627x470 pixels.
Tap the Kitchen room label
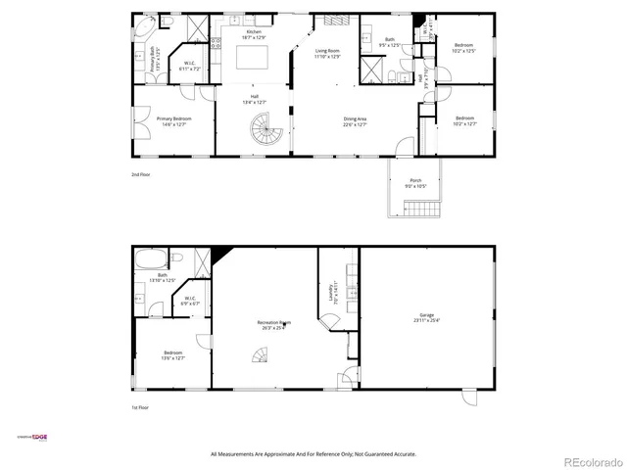(254, 34)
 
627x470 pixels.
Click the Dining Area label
(355, 121)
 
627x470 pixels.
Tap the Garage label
(426, 318)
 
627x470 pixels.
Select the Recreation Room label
(275, 325)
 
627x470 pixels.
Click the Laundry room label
(336, 293)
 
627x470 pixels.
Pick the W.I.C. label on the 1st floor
(189, 301)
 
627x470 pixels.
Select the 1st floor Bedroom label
(173, 355)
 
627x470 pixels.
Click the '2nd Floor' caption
(142, 174)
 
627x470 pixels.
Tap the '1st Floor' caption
(141, 406)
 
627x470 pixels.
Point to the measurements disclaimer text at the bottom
(313, 454)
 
